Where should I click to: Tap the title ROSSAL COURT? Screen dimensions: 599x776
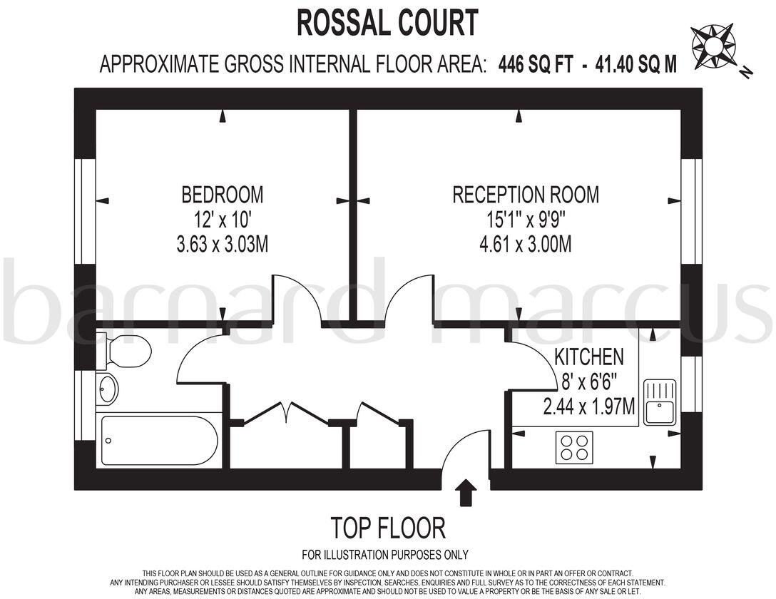[x=387, y=23]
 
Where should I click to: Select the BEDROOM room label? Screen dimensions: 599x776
[x=222, y=194]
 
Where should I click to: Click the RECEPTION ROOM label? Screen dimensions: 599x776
[x=526, y=194]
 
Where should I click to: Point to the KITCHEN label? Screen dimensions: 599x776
[x=589, y=356]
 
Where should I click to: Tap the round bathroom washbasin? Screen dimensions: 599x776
[x=108, y=389]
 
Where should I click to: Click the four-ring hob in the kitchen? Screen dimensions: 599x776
[x=574, y=447]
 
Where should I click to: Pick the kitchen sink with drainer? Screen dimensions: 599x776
[x=660, y=402]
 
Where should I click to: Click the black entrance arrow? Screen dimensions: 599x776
[x=466, y=493]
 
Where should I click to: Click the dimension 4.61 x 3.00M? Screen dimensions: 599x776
[x=526, y=245]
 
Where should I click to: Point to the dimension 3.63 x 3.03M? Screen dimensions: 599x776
[x=222, y=245]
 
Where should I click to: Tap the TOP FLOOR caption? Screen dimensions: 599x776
[x=388, y=528]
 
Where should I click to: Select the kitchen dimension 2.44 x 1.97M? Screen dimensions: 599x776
[x=589, y=407]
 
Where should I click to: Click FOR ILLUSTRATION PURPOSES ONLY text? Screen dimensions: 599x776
[x=385, y=555]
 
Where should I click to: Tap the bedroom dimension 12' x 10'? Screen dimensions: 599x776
[x=222, y=220]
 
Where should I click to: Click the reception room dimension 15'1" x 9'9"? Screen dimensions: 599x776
[x=526, y=220]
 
